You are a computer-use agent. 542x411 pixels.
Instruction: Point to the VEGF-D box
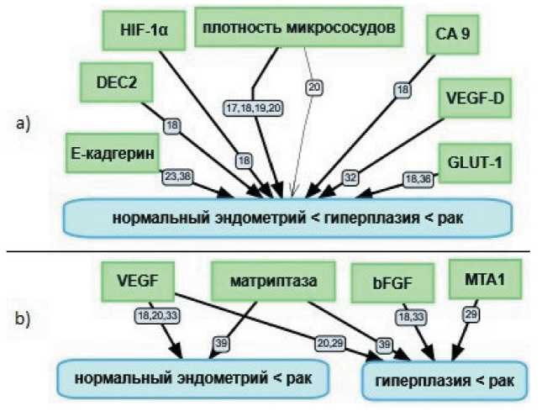[x=473, y=97]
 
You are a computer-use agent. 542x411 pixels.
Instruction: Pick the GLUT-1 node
[x=476, y=162]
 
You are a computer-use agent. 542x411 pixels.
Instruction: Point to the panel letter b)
[x=24, y=320]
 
